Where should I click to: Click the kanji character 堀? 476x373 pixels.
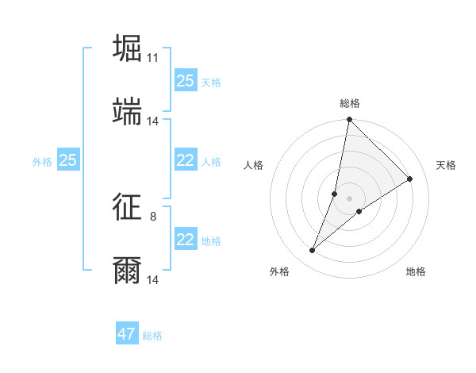click(128, 48)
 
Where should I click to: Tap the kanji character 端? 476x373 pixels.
click(128, 111)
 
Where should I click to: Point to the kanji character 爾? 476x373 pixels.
click(128, 270)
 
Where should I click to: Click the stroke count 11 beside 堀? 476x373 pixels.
click(153, 58)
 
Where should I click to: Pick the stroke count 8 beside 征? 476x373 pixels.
click(153, 216)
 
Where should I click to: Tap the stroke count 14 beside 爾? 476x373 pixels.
click(153, 280)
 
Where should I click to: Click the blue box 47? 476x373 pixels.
click(127, 334)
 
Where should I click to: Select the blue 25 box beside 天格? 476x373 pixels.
click(186, 81)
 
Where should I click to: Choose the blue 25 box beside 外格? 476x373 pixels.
click(68, 160)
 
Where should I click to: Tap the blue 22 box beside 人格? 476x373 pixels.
click(186, 160)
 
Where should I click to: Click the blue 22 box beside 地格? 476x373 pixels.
click(186, 240)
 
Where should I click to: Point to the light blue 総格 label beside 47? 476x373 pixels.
click(152, 336)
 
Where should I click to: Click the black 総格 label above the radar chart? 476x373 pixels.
click(350, 103)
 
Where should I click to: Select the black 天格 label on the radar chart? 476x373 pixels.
click(446, 165)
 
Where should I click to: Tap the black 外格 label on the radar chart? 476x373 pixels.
click(279, 271)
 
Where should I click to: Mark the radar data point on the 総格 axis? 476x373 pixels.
click(349, 120)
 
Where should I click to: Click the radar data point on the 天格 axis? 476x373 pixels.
click(410, 179)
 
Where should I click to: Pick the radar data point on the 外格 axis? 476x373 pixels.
click(312, 251)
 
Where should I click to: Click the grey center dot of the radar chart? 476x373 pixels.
click(349, 198)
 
